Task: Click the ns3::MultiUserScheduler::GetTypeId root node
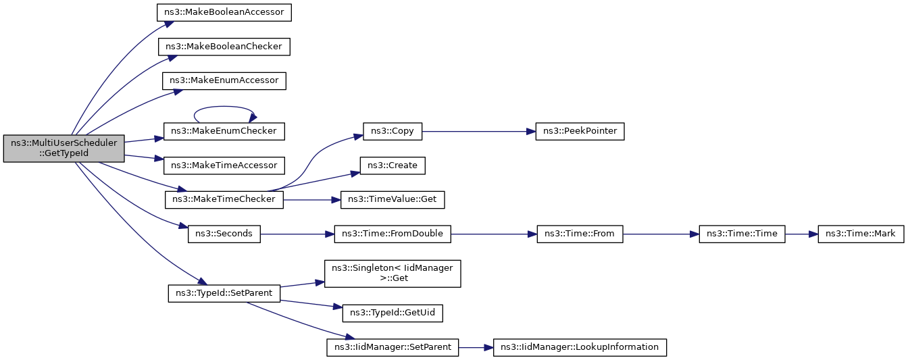(64, 149)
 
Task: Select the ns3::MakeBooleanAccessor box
(224, 13)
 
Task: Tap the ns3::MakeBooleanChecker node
(224, 47)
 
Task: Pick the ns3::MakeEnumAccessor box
(224, 81)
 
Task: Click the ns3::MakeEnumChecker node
(224, 132)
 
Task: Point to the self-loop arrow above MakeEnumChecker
(224, 107)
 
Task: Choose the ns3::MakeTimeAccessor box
(224, 165)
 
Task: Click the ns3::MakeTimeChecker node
(224, 200)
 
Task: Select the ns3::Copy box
(393, 132)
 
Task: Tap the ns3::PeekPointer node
(580, 132)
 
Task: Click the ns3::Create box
(393, 165)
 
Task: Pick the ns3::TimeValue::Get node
(393, 200)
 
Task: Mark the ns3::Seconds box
(224, 234)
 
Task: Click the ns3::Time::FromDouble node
(393, 234)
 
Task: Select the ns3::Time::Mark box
(861, 234)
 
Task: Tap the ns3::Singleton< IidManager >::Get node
(393, 274)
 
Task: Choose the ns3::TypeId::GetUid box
(393, 313)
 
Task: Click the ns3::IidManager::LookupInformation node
(580, 348)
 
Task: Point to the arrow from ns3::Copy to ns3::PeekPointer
(479, 132)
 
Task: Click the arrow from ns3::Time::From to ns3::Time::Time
(661, 234)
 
